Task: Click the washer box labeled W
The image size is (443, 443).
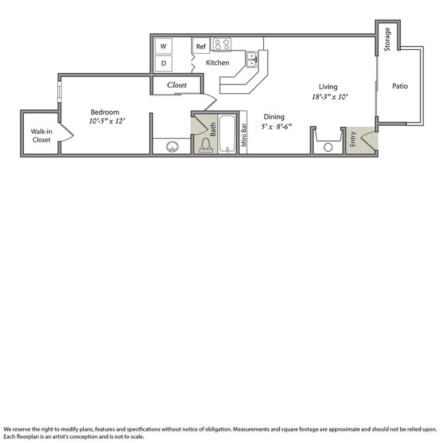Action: tap(164, 46)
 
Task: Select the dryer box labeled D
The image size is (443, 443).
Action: tap(164, 63)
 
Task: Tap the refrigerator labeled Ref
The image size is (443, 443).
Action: tap(201, 46)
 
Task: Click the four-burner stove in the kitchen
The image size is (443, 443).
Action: tap(221, 45)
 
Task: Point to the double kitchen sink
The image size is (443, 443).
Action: tap(251, 60)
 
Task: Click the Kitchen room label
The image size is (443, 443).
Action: tap(218, 63)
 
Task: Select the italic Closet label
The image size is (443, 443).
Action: tap(177, 85)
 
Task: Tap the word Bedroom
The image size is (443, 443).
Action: tap(106, 112)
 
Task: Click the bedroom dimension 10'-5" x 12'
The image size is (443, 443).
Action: tap(106, 121)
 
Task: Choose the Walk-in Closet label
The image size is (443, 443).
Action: tap(41, 136)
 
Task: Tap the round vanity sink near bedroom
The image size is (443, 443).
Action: tap(171, 145)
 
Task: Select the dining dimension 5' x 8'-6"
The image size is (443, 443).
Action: tap(275, 126)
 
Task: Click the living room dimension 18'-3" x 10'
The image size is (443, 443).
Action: tap(330, 97)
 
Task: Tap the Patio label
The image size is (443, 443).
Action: tap(400, 87)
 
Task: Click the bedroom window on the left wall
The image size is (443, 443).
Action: tap(59, 91)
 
